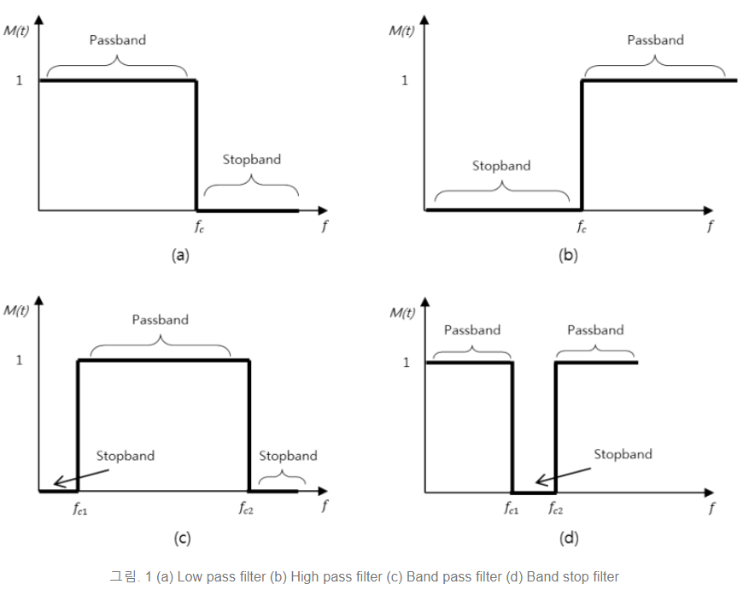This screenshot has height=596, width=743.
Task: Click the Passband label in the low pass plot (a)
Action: click(117, 40)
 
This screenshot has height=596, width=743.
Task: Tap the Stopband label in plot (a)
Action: click(251, 160)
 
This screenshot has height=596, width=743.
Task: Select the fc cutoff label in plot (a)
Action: click(197, 227)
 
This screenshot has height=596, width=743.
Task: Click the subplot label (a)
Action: click(180, 255)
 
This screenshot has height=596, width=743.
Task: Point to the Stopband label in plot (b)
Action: click(501, 166)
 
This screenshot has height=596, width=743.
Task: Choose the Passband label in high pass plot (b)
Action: click(655, 40)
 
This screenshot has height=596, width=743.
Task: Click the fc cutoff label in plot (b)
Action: click(582, 227)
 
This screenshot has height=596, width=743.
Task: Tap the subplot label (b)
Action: click(568, 255)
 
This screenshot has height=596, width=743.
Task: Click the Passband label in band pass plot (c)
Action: click(160, 320)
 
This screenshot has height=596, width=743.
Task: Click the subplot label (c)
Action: click(181, 539)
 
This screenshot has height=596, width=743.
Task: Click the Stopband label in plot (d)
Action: click(623, 455)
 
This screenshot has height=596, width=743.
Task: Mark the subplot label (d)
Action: click(568, 539)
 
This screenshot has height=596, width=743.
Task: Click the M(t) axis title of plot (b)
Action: click(401, 31)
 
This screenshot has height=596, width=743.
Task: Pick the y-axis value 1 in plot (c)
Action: click(20, 360)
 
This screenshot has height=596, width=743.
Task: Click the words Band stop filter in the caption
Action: click(572, 576)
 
